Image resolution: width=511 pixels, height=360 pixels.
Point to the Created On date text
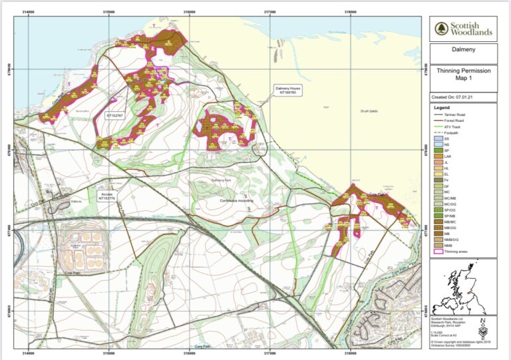tap(453, 97)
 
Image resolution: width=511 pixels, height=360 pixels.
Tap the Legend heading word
tap(442, 107)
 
